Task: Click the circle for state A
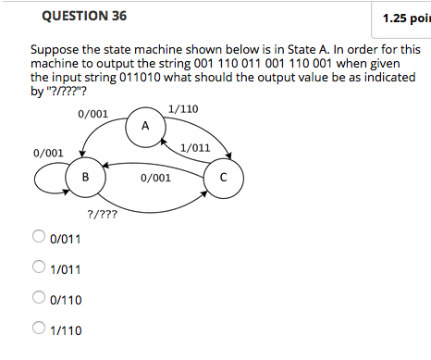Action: tap(145, 126)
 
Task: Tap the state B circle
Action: tap(85, 176)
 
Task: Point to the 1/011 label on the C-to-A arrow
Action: tap(195, 147)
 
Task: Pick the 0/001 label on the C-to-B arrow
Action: tap(155, 176)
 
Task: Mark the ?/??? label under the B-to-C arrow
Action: tap(102, 214)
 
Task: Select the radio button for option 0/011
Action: tap(40, 238)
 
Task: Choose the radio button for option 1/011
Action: tap(40, 268)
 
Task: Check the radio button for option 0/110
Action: tap(40, 299)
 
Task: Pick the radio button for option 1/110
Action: tap(40, 329)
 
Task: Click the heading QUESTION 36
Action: tap(68, 17)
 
